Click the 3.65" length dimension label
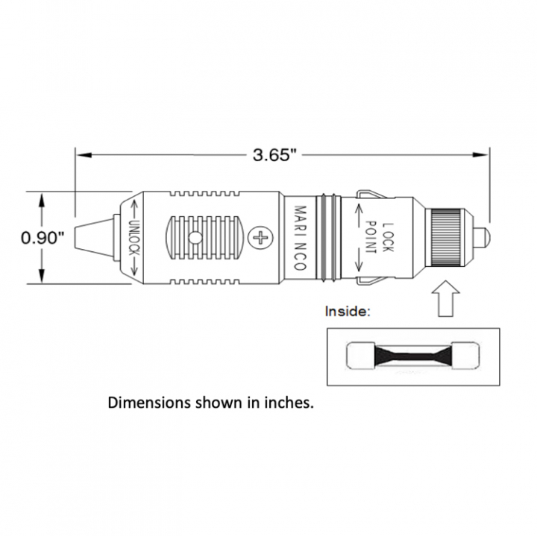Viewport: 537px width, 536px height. pyautogui.click(x=274, y=155)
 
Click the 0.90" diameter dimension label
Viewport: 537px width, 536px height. pyautogui.click(x=43, y=238)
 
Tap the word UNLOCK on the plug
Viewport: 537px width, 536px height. pyautogui.click(x=134, y=238)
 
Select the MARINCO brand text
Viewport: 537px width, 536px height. pyautogui.click(x=301, y=238)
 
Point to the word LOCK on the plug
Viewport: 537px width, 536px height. pyautogui.click(x=387, y=238)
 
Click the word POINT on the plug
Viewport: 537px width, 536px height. pyautogui.click(x=370, y=238)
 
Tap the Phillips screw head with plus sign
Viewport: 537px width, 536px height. pyautogui.click(x=260, y=238)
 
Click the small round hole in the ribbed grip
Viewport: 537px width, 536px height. pyautogui.click(x=195, y=238)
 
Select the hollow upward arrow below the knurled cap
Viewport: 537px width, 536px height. pyautogui.click(x=445, y=298)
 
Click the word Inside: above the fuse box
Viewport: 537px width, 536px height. pyautogui.click(x=348, y=312)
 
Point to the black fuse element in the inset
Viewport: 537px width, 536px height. pyautogui.click(x=413, y=356)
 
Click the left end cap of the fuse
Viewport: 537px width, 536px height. pyautogui.click(x=360, y=356)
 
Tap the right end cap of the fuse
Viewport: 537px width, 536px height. pyautogui.click(x=465, y=356)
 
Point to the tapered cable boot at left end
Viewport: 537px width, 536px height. pyautogui.click(x=94, y=238)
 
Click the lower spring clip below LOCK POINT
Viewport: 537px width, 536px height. pyautogui.click(x=371, y=280)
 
